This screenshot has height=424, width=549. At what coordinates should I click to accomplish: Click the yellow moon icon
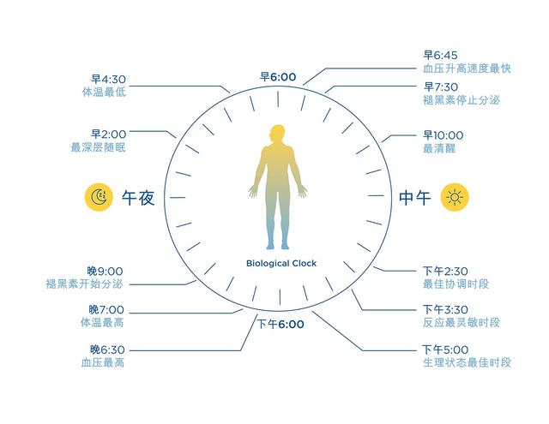[99, 197]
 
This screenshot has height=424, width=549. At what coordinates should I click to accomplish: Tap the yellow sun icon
[455, 197]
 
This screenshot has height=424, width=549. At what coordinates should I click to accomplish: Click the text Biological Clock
[281, 264]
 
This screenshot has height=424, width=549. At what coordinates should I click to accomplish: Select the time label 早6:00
[278, 77]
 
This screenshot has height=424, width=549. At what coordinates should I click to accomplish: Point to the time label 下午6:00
[281, 324]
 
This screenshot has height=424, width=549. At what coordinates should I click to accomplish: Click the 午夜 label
[138, 198]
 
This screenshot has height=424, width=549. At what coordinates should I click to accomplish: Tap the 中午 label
[415, 198]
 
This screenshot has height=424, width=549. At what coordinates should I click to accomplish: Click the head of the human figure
[277, 134]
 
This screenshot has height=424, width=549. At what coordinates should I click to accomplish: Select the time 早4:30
[108, 80]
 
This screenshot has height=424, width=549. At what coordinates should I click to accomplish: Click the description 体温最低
[104, 93]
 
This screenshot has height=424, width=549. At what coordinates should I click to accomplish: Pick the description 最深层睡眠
[98, 147]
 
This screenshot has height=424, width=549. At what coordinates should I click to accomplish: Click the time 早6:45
[440, 55]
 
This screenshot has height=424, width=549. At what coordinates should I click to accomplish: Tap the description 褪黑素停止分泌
[462, 100]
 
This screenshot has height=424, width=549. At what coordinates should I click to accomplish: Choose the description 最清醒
[439, 148]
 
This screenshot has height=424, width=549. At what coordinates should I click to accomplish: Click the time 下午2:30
[445, 271]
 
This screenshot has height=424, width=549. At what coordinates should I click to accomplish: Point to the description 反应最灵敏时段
[462, 322]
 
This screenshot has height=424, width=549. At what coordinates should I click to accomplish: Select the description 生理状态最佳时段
[467, 362]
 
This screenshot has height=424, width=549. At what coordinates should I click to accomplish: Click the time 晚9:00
[105, 272]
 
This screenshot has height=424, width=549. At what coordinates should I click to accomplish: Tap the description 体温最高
[102, 322]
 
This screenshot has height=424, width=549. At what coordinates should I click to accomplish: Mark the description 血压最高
[103, 362]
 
